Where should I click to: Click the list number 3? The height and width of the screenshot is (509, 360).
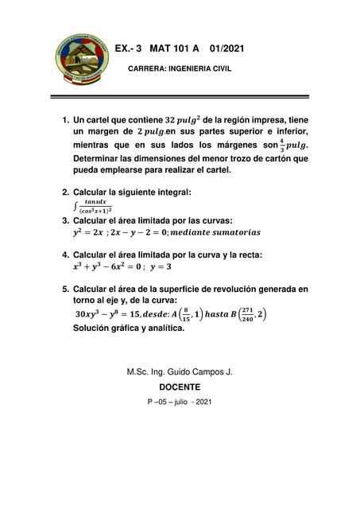tap(64, 220)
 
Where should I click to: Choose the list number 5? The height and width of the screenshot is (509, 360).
tap(64, 289)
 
